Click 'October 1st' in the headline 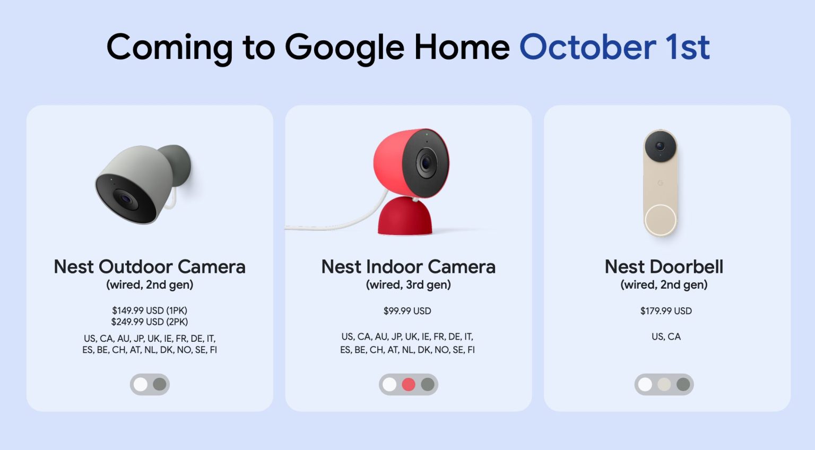coord(614,47)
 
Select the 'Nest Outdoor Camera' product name coord(150,266)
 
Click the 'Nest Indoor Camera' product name coord(408,266)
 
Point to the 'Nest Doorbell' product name coord(664,266)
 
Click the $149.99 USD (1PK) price coord(150,310)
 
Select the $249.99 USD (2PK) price coord(150,322)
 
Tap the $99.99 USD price coord(407,311)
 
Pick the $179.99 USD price coord(666,311)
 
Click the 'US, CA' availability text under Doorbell coord(666,336)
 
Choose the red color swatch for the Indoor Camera coord(409,384)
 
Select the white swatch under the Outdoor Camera coord(141,384)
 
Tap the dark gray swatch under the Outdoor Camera coord(160,384)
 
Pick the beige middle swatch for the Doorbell coord(664,384)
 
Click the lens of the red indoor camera coord(426,162)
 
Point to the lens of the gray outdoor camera coord(126,200)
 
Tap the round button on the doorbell coord(660,220)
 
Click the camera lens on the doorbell coord(660,145)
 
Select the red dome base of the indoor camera coord(404,218)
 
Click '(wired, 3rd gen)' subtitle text coord(408,285)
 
